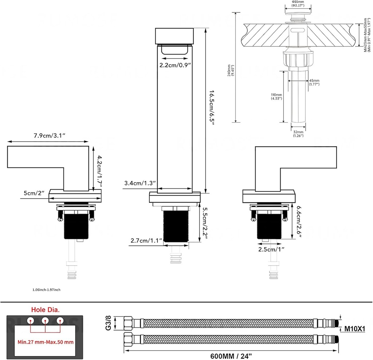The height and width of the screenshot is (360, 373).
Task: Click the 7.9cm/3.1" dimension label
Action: [x=49, y=136]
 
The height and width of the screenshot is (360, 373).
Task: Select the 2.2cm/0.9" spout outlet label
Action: [x=176, y=66]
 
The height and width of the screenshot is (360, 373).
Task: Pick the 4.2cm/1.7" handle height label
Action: [x=98, y=169]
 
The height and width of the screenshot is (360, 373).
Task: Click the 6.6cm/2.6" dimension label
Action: [x=299, y=222]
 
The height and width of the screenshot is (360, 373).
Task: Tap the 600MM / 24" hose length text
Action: [x=231, y=355]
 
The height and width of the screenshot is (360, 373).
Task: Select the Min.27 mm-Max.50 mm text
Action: [x=46, y=342]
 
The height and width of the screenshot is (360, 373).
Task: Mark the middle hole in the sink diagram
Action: [x=45, y=321]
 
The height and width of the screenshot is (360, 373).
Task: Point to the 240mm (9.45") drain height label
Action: [x=230, y=69]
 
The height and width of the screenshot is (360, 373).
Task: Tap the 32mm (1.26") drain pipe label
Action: [x=298, y=134]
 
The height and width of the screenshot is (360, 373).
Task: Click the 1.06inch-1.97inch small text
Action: [x=46, y=290]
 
